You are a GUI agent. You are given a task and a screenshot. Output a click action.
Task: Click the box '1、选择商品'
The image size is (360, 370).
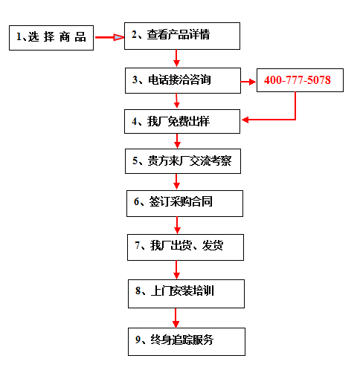click(51, 38)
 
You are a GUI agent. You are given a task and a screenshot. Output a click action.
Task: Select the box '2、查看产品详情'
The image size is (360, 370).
click(182, 36)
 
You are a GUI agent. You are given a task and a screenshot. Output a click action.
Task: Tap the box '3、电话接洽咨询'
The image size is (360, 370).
click(183, 80)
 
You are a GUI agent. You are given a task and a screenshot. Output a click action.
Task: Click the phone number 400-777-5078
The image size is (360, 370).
click(298, 80)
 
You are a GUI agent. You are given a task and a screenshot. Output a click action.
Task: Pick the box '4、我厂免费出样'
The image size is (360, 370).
click(182, 121)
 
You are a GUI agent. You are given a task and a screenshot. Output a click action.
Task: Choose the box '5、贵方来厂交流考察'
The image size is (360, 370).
click(183, 161)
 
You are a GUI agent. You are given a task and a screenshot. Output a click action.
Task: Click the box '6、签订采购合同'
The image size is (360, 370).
click(184, 204)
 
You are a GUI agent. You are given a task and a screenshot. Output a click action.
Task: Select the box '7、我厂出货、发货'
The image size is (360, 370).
click(185, 247)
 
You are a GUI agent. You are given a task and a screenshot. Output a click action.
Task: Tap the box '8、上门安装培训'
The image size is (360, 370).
click(186, 293)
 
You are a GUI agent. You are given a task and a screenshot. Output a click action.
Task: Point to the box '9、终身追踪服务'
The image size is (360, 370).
click(187, 342)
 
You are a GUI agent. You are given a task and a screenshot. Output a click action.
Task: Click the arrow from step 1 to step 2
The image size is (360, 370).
click(109, 37)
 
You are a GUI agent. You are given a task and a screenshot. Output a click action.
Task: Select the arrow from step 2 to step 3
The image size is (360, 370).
click(176, 58)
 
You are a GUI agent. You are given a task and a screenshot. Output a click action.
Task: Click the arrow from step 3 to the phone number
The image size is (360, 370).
click(248, 82)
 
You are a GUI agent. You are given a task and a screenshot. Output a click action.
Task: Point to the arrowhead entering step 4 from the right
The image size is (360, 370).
click(245, 120)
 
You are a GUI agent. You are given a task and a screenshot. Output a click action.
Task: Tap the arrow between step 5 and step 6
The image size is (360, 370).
click(176, 181)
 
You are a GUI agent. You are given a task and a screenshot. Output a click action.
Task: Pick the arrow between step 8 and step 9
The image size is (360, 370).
click(176, 318)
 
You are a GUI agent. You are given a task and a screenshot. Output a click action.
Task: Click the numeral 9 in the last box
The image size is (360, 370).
click(138, 340)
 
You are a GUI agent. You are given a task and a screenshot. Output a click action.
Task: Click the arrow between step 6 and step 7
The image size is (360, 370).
click(177, 225)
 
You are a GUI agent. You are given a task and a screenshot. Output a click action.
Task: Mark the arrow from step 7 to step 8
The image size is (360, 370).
click(176, 270)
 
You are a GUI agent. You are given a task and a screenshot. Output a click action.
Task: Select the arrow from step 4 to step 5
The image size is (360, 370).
click(177, 141)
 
